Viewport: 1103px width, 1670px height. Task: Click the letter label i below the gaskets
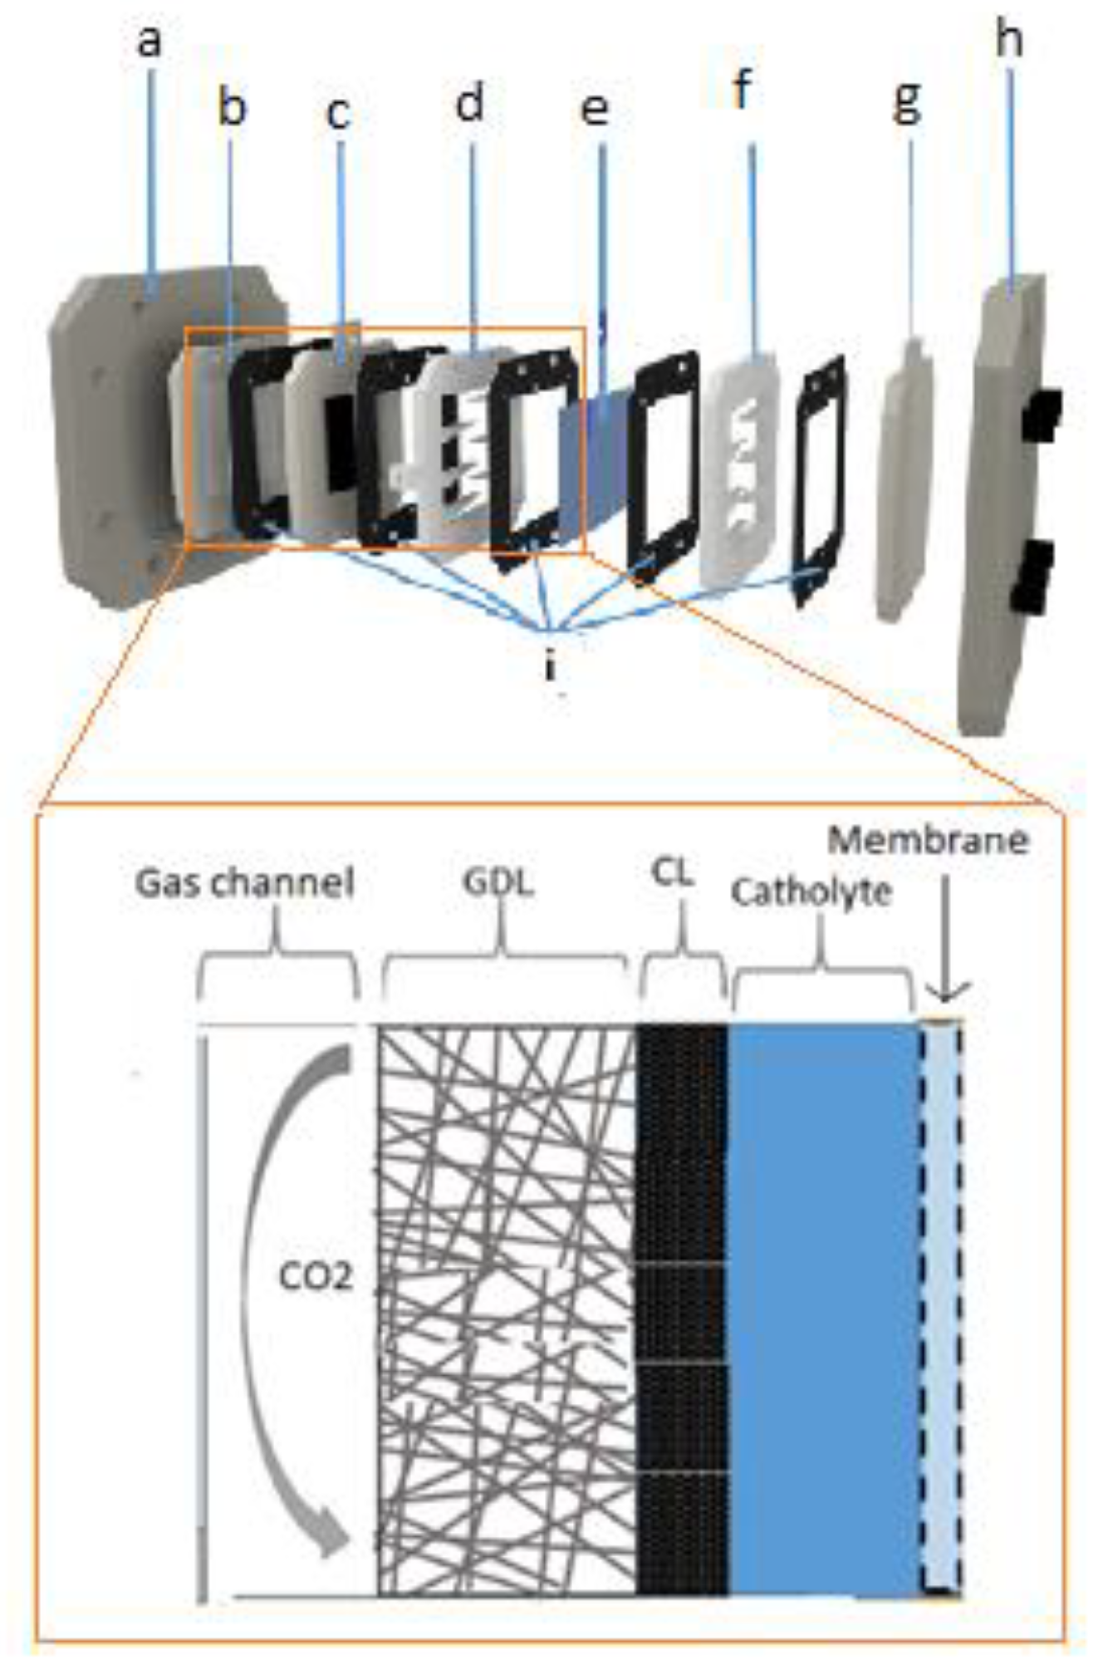(549, 664)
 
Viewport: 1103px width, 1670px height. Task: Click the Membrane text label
(928, 841)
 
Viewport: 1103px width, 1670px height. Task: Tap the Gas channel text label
(245, 882)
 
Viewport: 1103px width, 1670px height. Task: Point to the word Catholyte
(811, 892)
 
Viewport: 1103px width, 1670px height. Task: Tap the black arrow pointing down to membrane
(948, 955)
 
